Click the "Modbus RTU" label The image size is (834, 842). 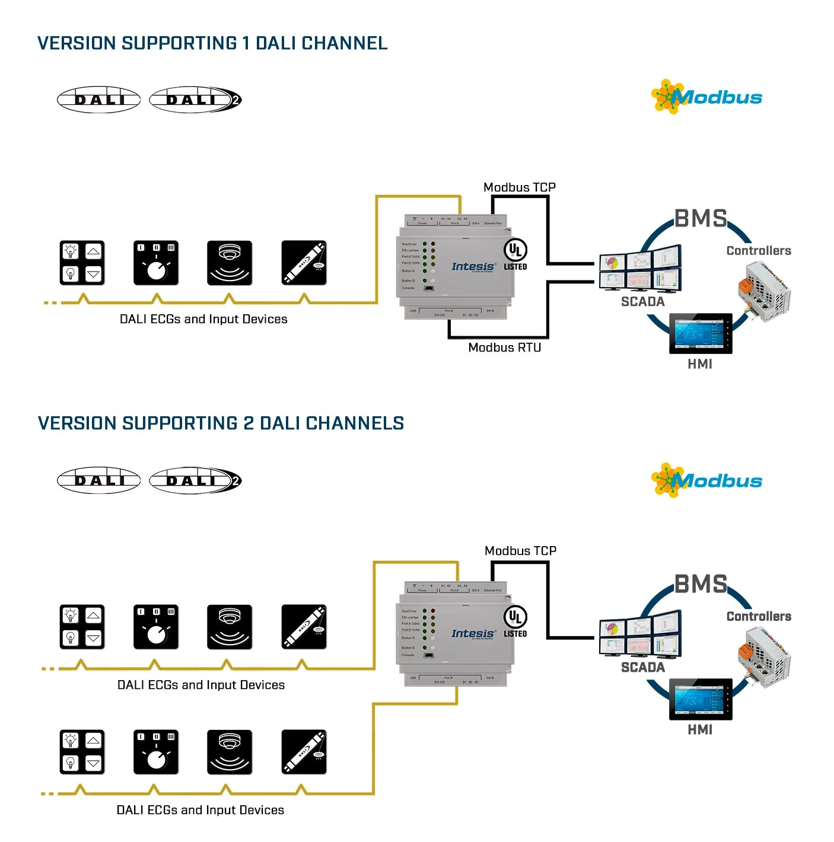(504, 347)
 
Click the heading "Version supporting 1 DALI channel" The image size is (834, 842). (212, 43)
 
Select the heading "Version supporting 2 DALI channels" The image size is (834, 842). (221, 423)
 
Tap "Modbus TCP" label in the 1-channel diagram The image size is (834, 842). (519, 187)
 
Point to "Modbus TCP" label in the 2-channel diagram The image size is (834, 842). (520, 551)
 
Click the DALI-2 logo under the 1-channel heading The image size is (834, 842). (195, 100)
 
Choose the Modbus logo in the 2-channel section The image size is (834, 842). (706, 481)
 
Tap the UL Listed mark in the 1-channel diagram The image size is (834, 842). (515, 254)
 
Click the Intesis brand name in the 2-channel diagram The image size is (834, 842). (473, 634)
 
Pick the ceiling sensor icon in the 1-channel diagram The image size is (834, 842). (230, 263)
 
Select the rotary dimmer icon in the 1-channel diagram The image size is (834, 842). (156, 263)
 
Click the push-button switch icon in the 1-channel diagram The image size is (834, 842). (82, 263)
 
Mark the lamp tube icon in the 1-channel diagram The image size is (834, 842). (304, 263)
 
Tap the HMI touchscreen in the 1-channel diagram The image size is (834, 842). (701, 334)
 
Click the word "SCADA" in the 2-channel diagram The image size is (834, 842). (642, 668)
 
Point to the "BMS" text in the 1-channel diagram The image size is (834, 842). (701, 219)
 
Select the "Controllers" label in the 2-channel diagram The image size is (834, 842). (759, 617)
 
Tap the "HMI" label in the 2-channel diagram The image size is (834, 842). (700, 730)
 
